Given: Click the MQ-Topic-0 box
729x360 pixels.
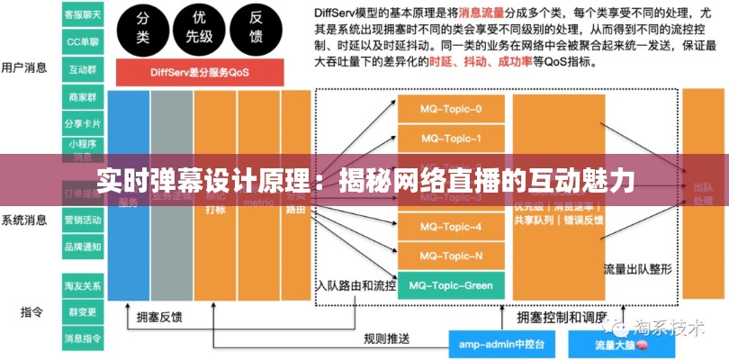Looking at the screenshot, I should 451,110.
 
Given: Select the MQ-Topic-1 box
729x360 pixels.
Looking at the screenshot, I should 451,139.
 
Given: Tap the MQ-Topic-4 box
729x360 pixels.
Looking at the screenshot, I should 451,226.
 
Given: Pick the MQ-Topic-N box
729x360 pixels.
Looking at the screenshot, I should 451,255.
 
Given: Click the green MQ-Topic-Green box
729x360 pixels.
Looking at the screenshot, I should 451,285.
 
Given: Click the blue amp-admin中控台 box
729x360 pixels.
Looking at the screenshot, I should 501,345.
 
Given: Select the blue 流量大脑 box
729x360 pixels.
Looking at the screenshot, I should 622,345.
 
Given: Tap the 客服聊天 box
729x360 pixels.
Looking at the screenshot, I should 83,15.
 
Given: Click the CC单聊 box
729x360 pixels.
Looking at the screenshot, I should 83,41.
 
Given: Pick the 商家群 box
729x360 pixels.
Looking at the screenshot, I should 83,96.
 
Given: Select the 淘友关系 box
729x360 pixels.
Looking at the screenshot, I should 83,287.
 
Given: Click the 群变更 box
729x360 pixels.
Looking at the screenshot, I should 83,312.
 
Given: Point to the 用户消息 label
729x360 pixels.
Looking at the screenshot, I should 23,67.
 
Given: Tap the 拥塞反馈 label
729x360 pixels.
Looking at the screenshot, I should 159,317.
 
